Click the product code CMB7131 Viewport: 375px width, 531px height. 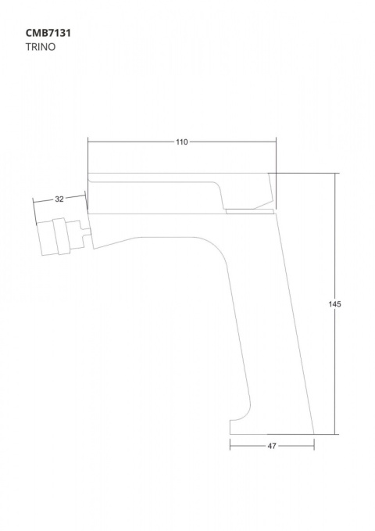coord(48,33)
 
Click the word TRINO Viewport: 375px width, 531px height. coord(41,47)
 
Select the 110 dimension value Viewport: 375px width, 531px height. coord(182,142)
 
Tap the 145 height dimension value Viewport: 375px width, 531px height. coord(334,303)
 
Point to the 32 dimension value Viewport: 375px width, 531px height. coord(59,199)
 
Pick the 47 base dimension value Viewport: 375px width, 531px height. coord(272,446)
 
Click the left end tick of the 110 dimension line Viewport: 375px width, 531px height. coord(88,142)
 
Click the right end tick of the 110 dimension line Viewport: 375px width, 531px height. coord(277,142)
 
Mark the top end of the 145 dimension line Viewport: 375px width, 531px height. coord(335,174)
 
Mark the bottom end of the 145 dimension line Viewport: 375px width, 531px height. coord(335,434)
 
